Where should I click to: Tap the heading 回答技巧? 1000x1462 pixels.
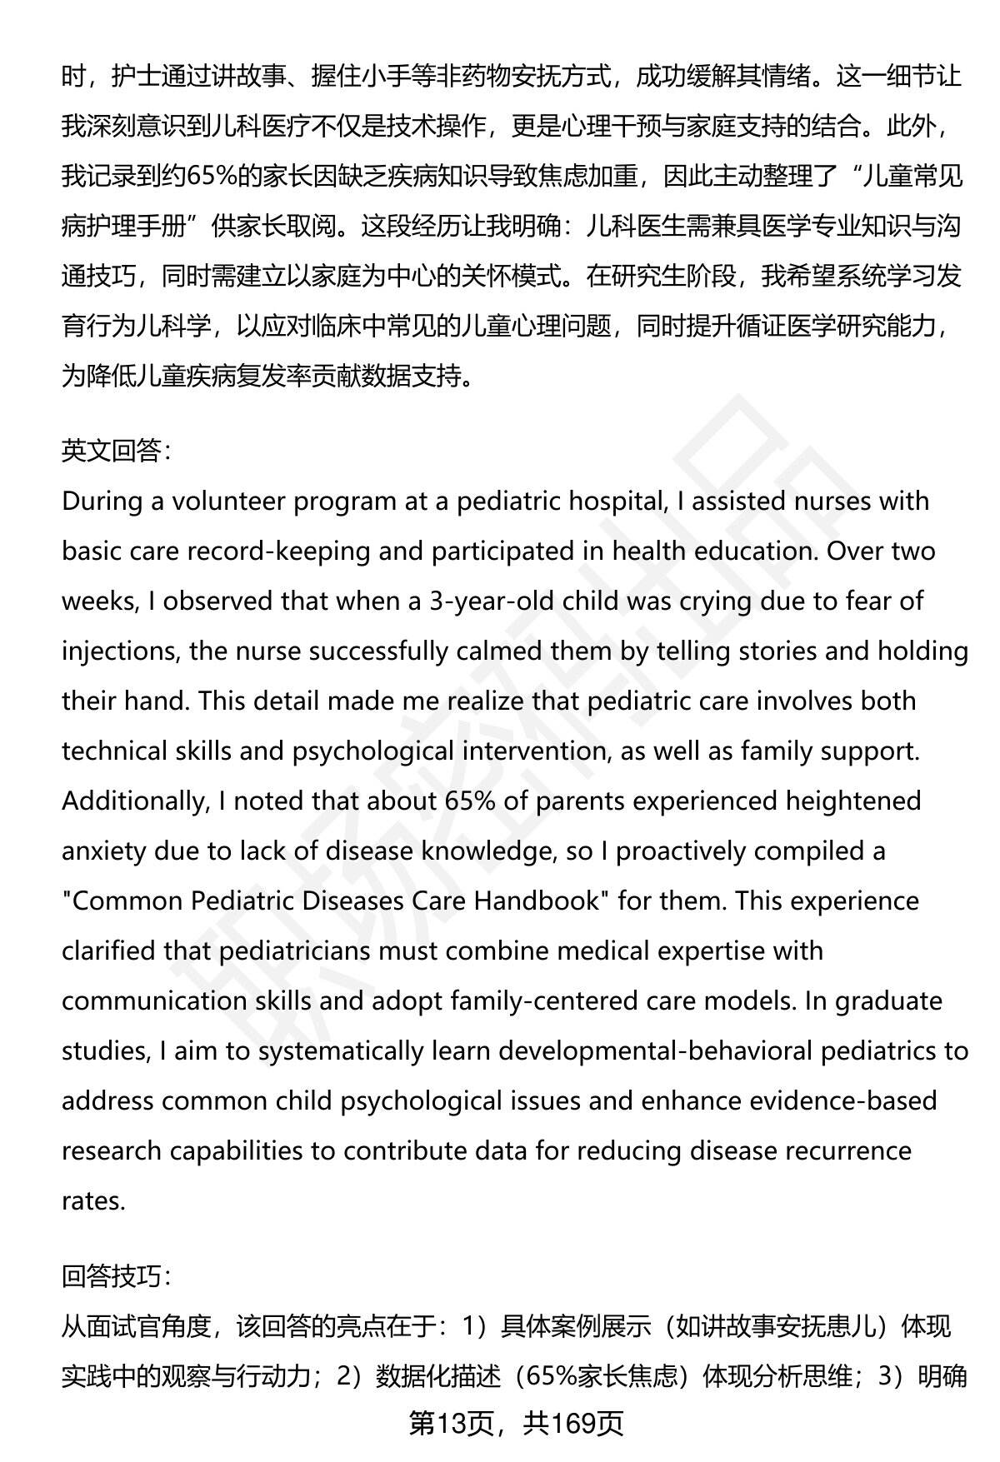(117, 1275)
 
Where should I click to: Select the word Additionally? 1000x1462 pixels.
(133, 801)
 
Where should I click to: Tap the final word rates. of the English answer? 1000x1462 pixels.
(93, 1201)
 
